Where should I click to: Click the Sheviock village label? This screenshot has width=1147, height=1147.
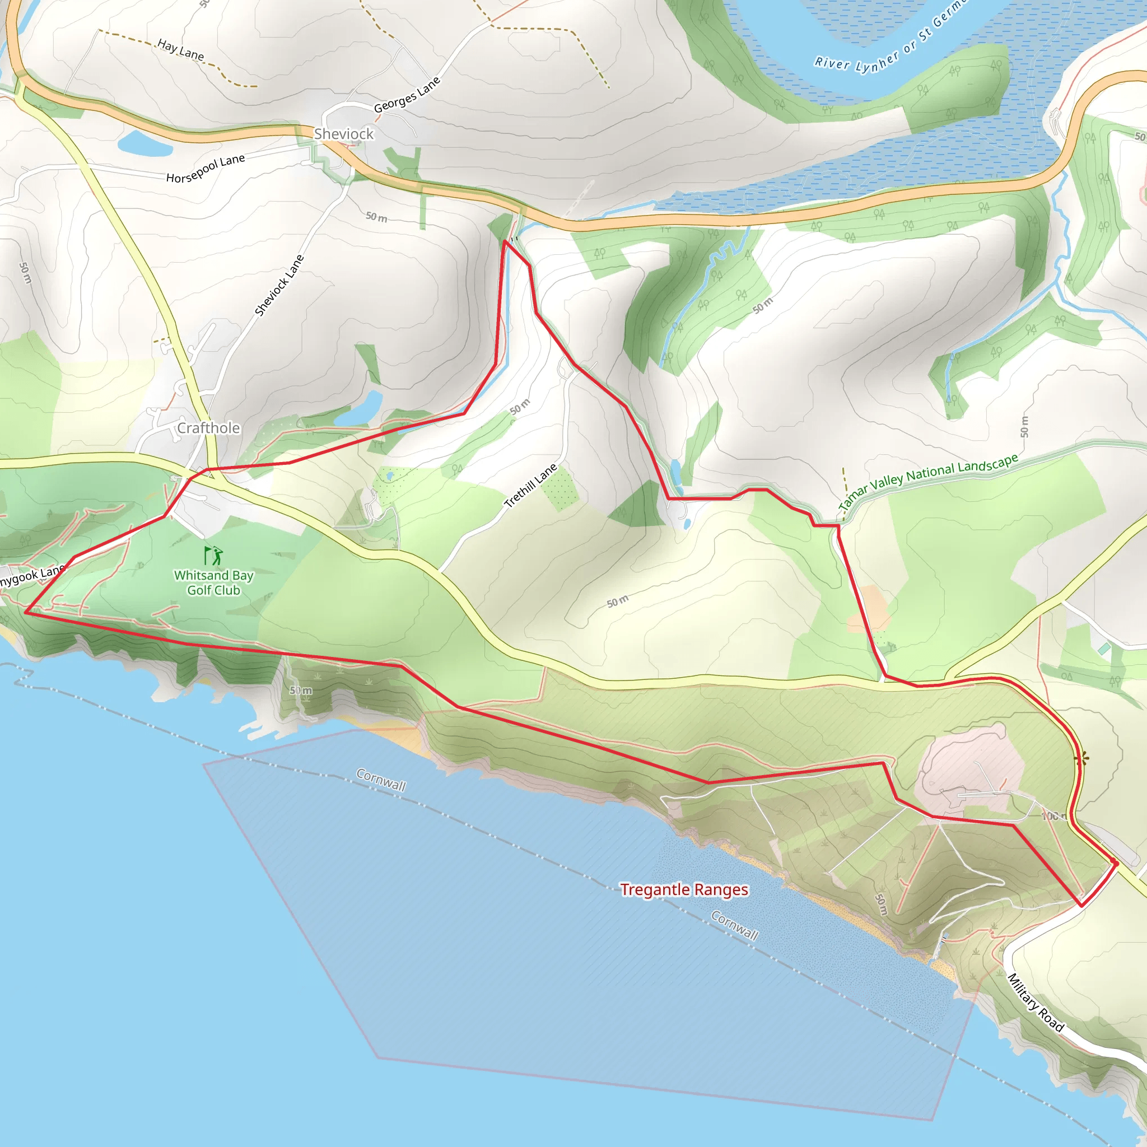(344, 134)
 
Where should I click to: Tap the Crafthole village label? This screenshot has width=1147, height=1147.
(208, 428)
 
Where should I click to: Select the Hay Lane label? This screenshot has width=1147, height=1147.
(180, 50)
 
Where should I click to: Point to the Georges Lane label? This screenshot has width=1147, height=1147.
(407, 95)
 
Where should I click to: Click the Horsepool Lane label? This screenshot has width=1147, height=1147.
(206, 169)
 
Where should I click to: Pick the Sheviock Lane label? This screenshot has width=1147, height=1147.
(279, 285)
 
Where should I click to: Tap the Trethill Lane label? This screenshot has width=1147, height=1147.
(530, 485)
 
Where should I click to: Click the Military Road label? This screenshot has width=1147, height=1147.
(1036, 1003)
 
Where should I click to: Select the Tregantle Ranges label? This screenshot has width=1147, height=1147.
(684, 889)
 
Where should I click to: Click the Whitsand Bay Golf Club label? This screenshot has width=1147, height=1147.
(213, 582)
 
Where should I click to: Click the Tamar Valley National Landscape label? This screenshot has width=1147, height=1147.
(928, 481)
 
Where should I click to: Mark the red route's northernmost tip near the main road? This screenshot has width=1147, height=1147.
(505, 241)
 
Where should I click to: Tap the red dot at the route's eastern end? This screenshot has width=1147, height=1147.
(1116, 864)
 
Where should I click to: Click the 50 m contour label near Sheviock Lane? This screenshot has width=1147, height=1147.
(376, 217)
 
